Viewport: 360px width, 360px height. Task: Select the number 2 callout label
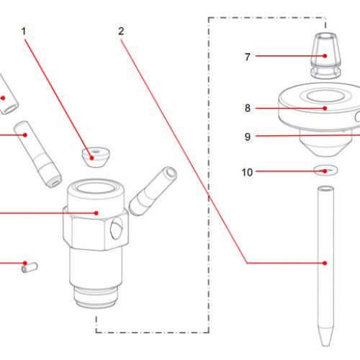click(x=120, y=32)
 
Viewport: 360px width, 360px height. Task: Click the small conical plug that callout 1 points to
click(x=93, y=156)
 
